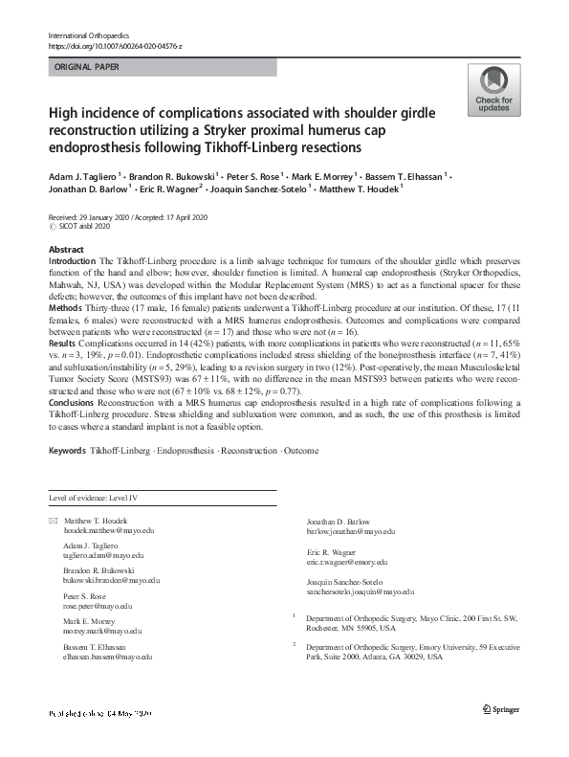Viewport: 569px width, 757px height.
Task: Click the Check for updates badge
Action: pyautogui.click(x=493, y=91)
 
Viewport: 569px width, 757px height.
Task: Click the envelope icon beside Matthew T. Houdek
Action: pyautogui.click(x=52, y=519)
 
